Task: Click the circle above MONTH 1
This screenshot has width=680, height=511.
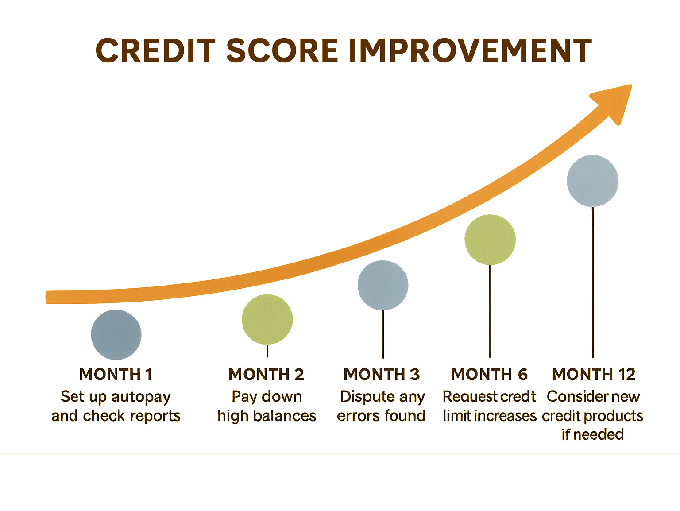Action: point(116,335)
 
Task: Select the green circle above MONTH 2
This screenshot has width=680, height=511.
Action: point(267,319)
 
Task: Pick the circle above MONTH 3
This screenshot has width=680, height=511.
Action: point(383,285)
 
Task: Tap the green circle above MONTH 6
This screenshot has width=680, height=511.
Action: point(490,240)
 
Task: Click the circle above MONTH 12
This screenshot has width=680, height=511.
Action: point(593,181)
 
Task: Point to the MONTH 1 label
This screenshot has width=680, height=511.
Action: point(116,375)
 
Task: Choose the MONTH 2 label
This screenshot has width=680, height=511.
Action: point(267,375)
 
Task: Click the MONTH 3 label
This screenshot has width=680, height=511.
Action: point(382,375)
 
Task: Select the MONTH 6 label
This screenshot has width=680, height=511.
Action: point(489,375)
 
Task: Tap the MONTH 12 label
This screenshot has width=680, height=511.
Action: point(594,375)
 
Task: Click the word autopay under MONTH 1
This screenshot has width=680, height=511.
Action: point(141,397)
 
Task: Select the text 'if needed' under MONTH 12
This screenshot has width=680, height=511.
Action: point(593,434)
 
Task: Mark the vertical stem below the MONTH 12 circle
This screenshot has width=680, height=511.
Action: point(593,283)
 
